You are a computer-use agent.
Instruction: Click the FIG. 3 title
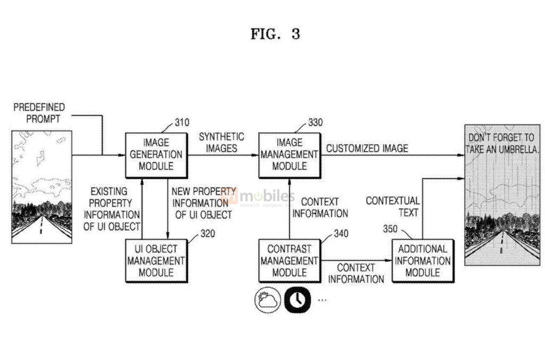(x=275, y=34)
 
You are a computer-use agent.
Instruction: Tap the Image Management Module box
(x=289, y=154)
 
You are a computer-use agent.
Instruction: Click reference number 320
(x=208, y=232)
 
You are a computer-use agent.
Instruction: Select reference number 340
(x=341, y=233)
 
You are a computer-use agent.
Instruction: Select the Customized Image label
(x=367, y=148)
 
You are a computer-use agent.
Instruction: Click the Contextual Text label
(x=392, y=207)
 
